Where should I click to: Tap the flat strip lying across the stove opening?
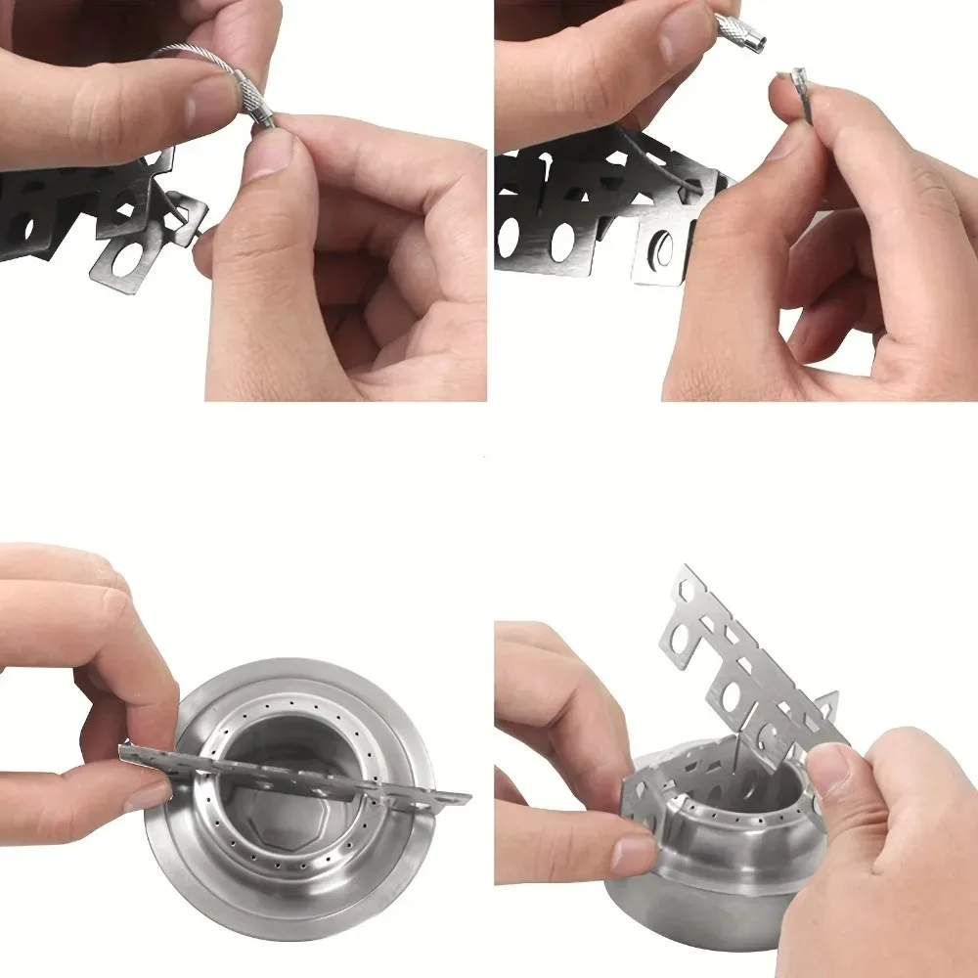point(293,773)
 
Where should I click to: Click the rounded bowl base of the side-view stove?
point(685,914)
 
